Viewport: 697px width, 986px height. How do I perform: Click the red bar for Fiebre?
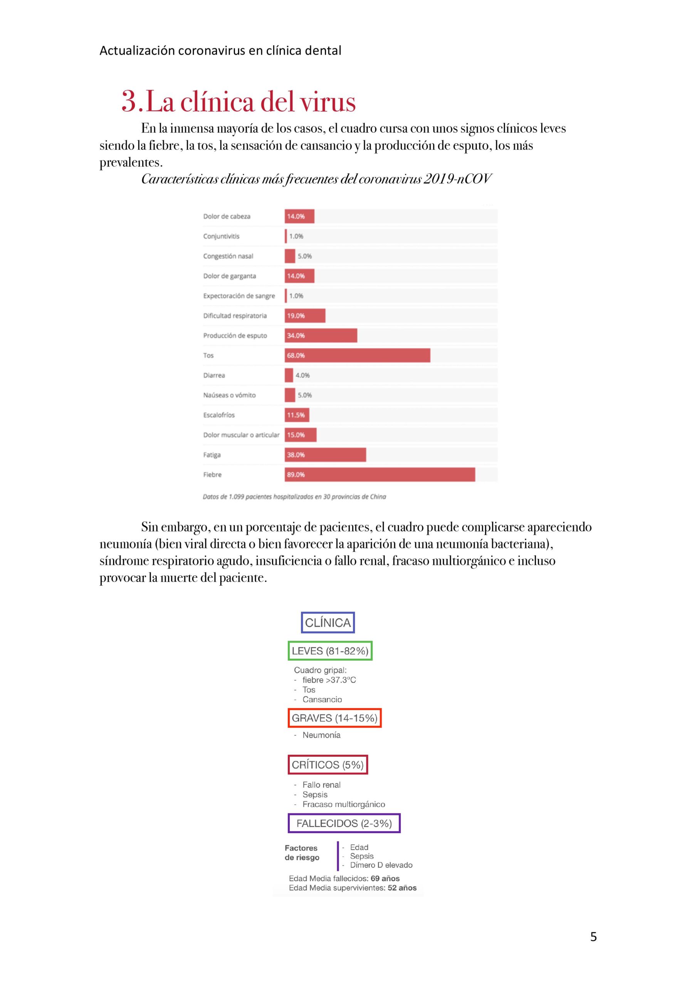[x=380, y=475]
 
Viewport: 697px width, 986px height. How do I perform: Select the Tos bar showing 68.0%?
[x=357, y=355]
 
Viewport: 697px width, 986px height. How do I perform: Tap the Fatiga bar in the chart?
[x=325, y=455]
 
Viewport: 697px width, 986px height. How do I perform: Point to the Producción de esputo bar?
[x=321, y=335]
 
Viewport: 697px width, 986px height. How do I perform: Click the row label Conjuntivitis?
[x=221, y=236]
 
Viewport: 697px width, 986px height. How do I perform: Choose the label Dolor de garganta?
[x=230, y=276]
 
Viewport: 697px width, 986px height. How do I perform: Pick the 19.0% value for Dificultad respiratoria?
[x=296, y=316]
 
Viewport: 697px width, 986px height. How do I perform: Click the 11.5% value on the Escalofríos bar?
[x=296, y=415]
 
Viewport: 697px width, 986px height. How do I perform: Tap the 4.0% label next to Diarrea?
[x=302, y=375]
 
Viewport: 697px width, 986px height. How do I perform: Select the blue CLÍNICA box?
[x=328, y=622]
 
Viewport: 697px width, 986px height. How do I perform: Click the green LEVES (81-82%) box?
[x=330, y=651]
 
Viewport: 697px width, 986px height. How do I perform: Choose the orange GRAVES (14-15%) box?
[x=335, y=718]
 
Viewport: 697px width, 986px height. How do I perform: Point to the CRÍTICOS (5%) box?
[x=328, y=765]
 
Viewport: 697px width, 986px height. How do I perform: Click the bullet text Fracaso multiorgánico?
[x=343, y=804]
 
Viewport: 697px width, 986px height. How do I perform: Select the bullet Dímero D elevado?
[x=381, y=865]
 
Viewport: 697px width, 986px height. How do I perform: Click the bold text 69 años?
[x=385, y=878]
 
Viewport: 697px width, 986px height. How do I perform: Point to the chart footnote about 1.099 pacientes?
[x=294, y=496]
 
